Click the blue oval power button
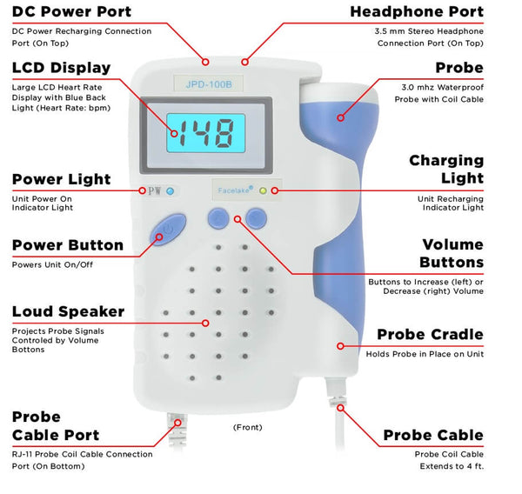tap(168, 230)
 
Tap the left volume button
tap(218, 218)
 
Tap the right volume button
tap(256, 218)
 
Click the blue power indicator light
tap(171, 191)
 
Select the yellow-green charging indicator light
tap(263, 190)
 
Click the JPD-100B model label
tap(209, 84)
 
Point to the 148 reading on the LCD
tap(205, 133)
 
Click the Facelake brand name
tap(235, 190)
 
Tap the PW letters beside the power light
tap(155, 191)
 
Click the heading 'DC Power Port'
tap(71, 11)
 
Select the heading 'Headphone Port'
tap(417, 11)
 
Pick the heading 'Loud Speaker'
tap(68, 311)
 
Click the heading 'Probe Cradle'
tap(430, 334)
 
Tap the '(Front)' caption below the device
tap(248, 427)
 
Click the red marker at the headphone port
tap(245, 62)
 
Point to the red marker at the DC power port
tap(205, 62)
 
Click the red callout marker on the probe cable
tap(340, 408)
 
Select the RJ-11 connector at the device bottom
tap(177, 429)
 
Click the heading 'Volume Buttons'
tap(452, 253)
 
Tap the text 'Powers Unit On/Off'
tap(52, 265)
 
